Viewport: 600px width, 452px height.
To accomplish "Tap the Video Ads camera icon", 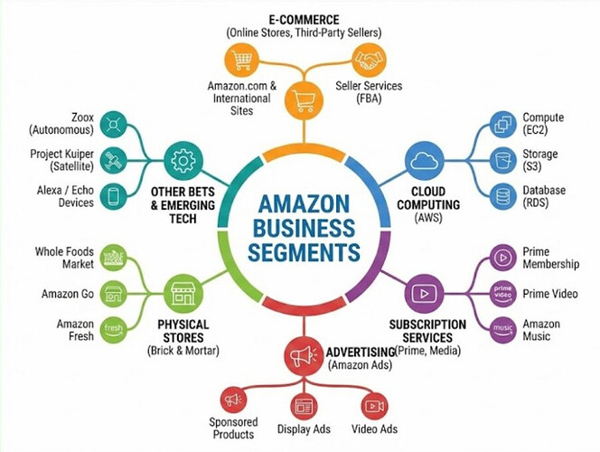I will point(374,405).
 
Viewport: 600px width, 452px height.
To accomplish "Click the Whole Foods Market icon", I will point(112,258).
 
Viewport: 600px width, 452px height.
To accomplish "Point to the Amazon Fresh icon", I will point(112,328).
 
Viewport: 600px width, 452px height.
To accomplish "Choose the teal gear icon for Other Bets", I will point(183,161).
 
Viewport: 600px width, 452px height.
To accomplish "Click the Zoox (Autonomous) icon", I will point(112,124).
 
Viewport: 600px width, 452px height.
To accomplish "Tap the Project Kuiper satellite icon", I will point(112,160).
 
